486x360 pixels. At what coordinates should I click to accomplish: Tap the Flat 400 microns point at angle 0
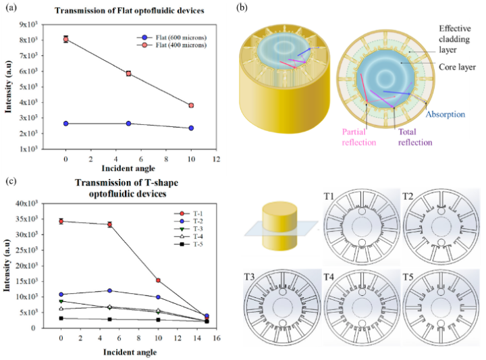[65, 39]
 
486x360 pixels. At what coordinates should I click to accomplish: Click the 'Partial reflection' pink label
[358, 138]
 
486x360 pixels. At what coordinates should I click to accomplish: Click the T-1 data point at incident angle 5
[109, 224]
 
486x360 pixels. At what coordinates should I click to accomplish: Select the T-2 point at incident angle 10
[158, 297]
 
